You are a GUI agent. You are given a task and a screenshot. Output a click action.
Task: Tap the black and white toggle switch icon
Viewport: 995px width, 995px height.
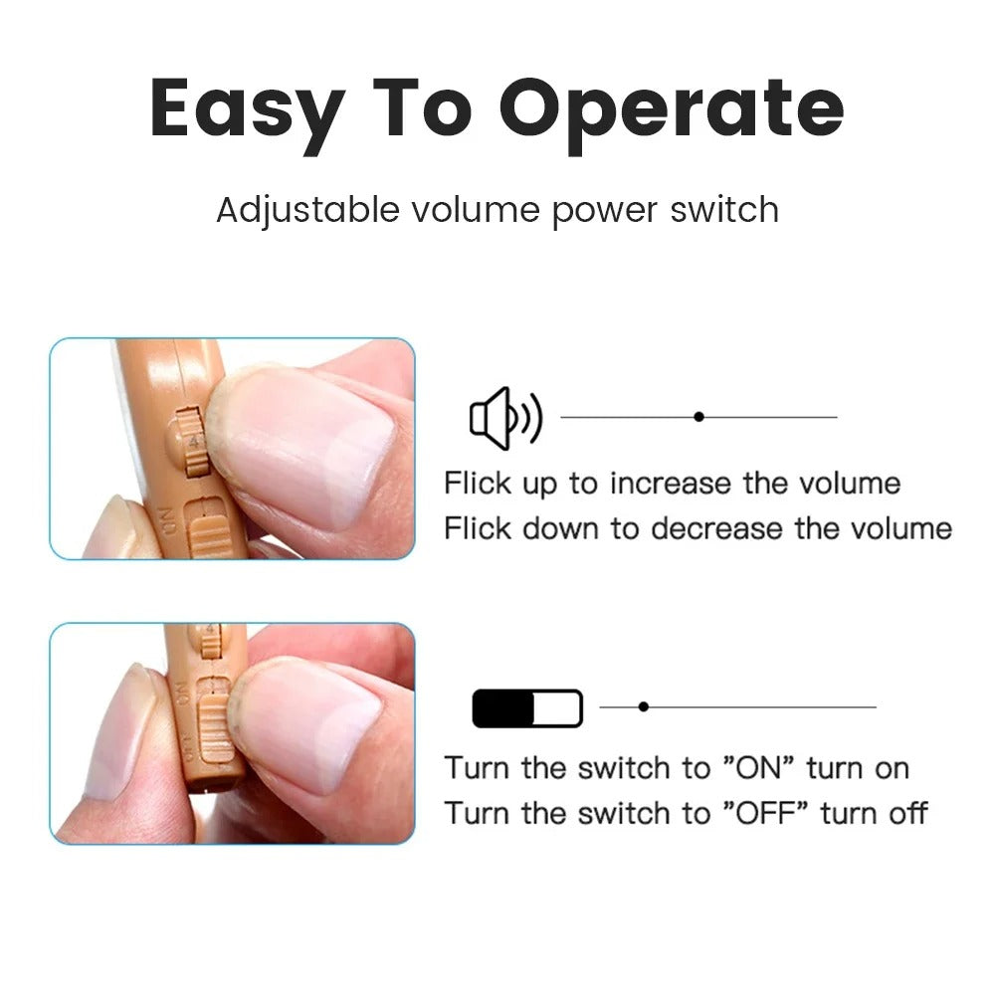coord(526,708)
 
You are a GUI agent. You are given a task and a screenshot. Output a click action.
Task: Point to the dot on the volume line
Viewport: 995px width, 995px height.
coord(698,417)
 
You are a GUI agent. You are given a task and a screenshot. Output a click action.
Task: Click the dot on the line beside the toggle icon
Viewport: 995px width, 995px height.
coord(644,706)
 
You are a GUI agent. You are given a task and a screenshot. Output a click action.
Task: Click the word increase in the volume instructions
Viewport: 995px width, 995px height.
coord(673,485)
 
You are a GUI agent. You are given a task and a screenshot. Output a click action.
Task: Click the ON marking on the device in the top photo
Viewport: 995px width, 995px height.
coord(165,520)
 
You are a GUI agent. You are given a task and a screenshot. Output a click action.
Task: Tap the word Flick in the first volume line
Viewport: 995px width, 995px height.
coord(477,485)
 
